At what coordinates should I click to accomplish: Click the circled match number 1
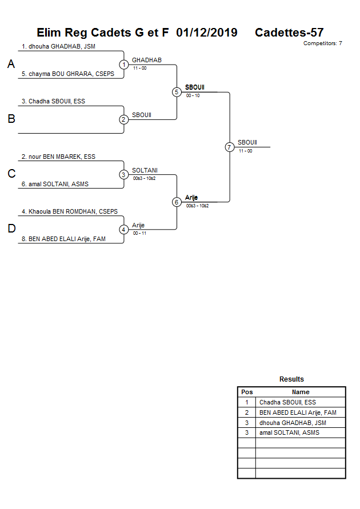[124, 65]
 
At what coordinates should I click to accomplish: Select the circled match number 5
[177, 92]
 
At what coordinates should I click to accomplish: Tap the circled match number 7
[230, 147]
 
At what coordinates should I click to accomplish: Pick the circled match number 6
[177, 202]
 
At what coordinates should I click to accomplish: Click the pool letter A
[11, 65]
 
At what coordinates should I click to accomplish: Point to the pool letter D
[11, 229]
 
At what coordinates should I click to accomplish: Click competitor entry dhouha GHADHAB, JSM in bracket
[58, 46]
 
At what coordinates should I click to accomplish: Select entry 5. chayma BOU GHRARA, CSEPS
[68, 74]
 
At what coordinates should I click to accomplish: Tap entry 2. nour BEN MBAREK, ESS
[58, 157]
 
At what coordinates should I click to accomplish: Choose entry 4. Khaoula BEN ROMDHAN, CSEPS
[70, 211]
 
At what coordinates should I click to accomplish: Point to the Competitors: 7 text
[322, 43]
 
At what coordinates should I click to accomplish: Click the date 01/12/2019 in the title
[207, 33]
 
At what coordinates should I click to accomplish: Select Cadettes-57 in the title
[289, 33]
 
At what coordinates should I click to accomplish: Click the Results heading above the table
[291, 379]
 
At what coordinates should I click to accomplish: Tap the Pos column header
[247, 392]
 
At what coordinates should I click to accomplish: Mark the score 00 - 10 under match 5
[193, 95]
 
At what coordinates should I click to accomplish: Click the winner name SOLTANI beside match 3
[145, 170]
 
